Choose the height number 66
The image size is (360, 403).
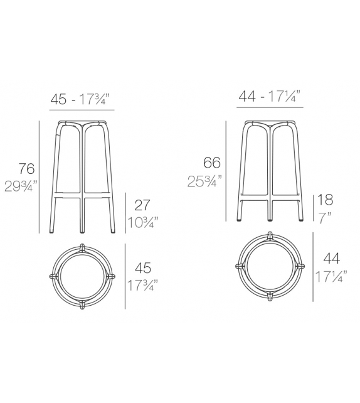click(211, 163)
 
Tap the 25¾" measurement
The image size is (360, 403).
click(204, 181)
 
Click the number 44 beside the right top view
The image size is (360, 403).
click(332, 257)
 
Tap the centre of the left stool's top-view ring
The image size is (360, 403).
click(82, 277)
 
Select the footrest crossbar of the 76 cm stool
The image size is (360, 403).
click(82, 196)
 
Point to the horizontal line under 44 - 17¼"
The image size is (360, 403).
click(270, 107)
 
